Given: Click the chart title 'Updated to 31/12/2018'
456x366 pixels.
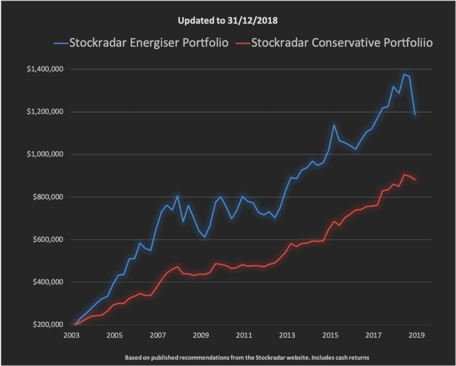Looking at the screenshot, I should [x=228, y=21].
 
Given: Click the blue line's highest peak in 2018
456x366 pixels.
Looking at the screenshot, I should [x=404, y=74].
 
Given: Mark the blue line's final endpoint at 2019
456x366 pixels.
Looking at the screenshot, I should [x=415, y=115].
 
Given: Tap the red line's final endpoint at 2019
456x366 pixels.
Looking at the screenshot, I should [x=415, y=179].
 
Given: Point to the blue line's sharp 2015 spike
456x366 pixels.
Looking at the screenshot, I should [x=334, y=125].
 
